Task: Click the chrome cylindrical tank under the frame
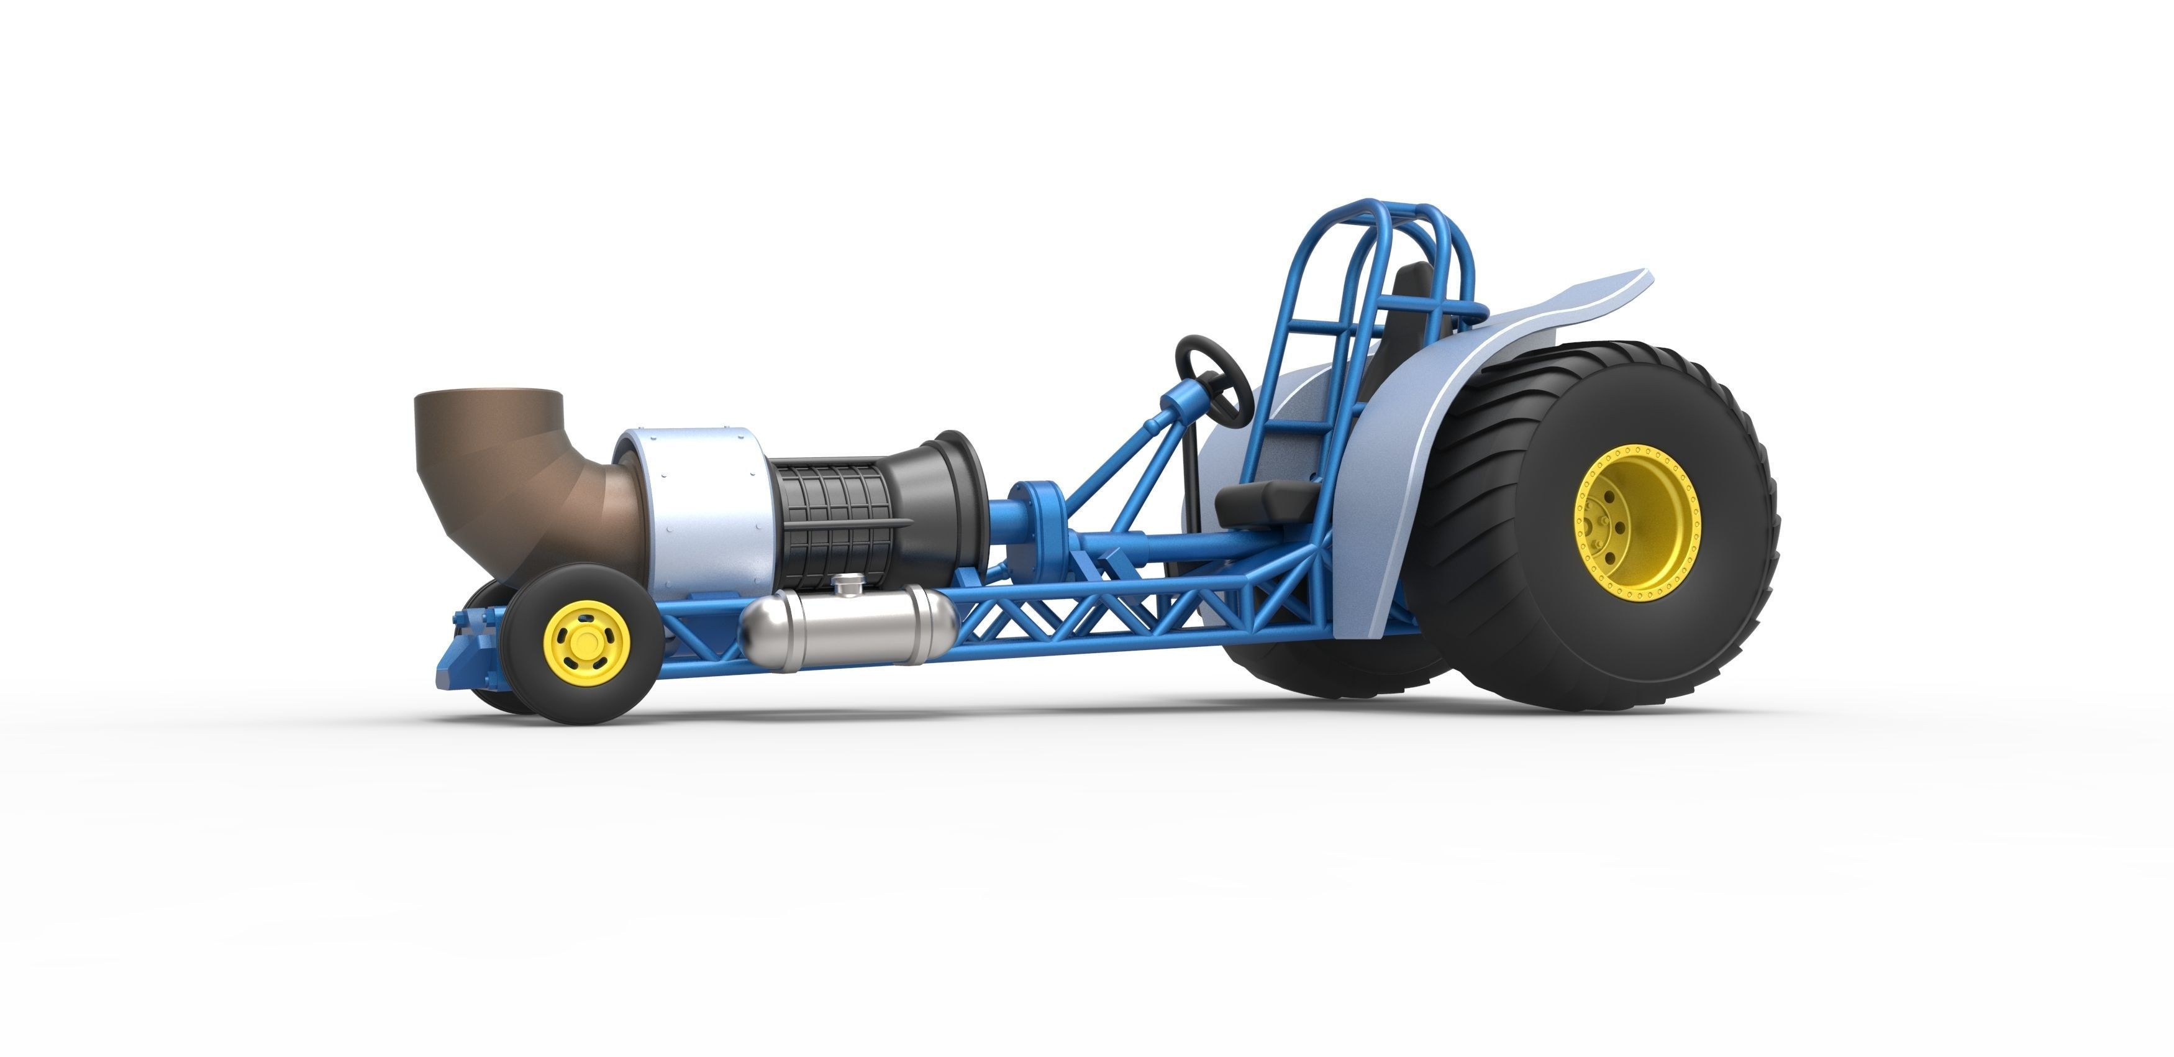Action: pos(844,629)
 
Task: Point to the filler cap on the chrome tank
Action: pos(848,582)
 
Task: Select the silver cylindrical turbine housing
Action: pos(701,506)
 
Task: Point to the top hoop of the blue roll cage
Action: pos(1393,208)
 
